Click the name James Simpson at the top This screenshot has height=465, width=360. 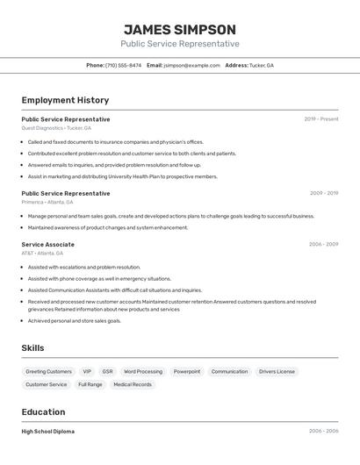coord(180,30)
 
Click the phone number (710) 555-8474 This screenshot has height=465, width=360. coord(123,65)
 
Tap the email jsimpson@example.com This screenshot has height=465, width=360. coord(191,65)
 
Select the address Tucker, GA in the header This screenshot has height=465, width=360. coord(262,65)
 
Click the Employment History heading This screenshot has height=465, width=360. coord(65,100)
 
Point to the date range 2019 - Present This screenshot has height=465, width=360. coord(321,119)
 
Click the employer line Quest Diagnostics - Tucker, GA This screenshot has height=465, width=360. coord(56,128)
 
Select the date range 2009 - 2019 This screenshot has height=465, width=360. coord(324,193)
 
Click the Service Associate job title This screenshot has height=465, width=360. coord(47,245)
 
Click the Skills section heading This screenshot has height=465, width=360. coord(32,348)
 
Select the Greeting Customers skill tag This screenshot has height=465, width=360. coord(48,371)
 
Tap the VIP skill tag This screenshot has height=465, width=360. coord(87,371)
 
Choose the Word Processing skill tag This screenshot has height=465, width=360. coord(143,371)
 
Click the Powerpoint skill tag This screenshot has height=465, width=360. coord(187,371)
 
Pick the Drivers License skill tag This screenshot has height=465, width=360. coord(277,371)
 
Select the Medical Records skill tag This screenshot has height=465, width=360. coord(133,384)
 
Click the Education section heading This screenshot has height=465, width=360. coord(43,412)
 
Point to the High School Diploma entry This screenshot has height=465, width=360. coord(47,432)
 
